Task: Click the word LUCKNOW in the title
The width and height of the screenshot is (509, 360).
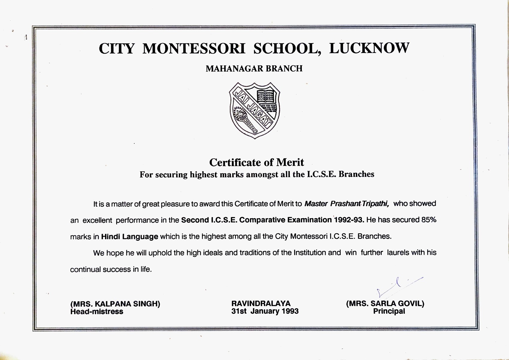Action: pos(369,49)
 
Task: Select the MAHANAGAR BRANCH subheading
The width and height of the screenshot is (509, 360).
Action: pos(254,69)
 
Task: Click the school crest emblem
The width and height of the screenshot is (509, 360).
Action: pos(255,110)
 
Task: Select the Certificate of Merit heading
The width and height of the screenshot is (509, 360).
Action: pos(256,162)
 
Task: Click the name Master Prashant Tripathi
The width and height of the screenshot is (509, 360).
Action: pos(346,204)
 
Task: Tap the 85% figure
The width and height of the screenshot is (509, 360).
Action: pos(429,220)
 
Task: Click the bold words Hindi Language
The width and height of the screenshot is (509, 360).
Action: pos(129,237)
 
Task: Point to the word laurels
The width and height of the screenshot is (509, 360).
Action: pos(398,252)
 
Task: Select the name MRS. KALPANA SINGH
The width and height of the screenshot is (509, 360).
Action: pos(115,304)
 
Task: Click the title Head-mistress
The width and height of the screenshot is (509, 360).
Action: pos(97,312)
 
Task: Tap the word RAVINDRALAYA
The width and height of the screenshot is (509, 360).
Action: pos(261,304)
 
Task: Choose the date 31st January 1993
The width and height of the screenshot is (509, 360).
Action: pos(265,311)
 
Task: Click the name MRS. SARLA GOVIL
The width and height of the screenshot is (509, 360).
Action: pos(385,304)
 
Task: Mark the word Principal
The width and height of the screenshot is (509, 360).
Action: pos(389,311)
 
